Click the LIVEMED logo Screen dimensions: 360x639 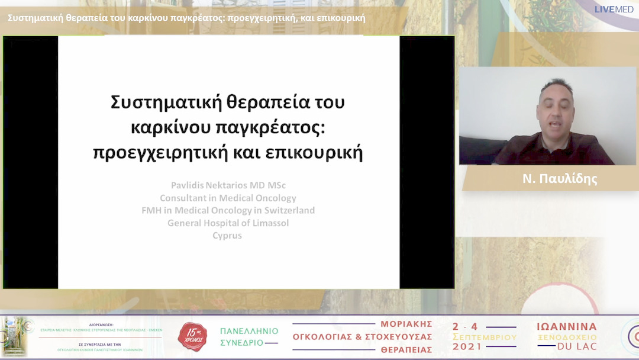tap(614, 9)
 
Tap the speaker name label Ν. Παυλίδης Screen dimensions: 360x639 tap(560, 179)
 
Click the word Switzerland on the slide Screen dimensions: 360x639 tap(287, 210)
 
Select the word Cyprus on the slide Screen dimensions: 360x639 tap(227, 235)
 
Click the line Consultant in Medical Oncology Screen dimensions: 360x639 tap(228, 198)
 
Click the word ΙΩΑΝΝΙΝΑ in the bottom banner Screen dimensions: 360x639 tap(567, 327)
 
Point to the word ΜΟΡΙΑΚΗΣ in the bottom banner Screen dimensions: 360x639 tap(406, 324)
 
